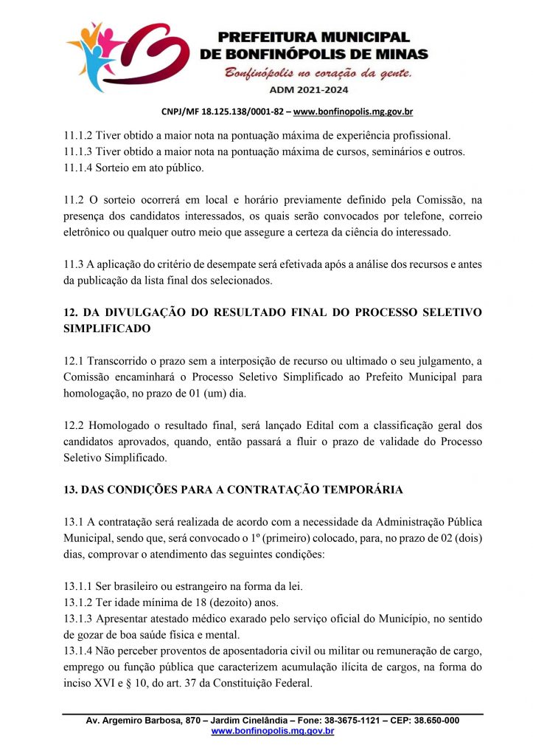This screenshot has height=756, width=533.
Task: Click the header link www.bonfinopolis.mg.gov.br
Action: point(353,112)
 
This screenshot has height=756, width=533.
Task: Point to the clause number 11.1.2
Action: point(77,135)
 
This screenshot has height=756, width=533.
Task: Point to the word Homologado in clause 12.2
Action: point(120,426)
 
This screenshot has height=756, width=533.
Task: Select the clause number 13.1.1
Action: point(77,587)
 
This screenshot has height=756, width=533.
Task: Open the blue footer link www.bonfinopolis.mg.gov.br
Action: point(273,731)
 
